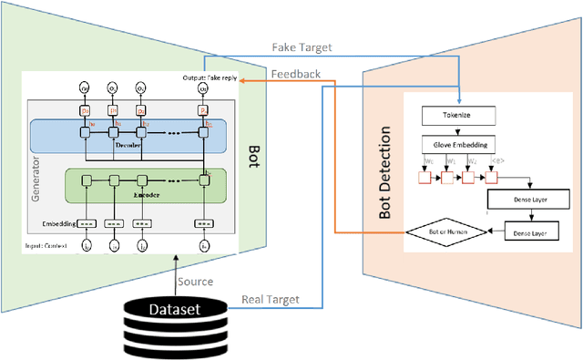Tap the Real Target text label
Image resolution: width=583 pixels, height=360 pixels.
click(x=271, y=299)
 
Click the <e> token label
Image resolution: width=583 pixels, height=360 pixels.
click(x=496, y=161)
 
